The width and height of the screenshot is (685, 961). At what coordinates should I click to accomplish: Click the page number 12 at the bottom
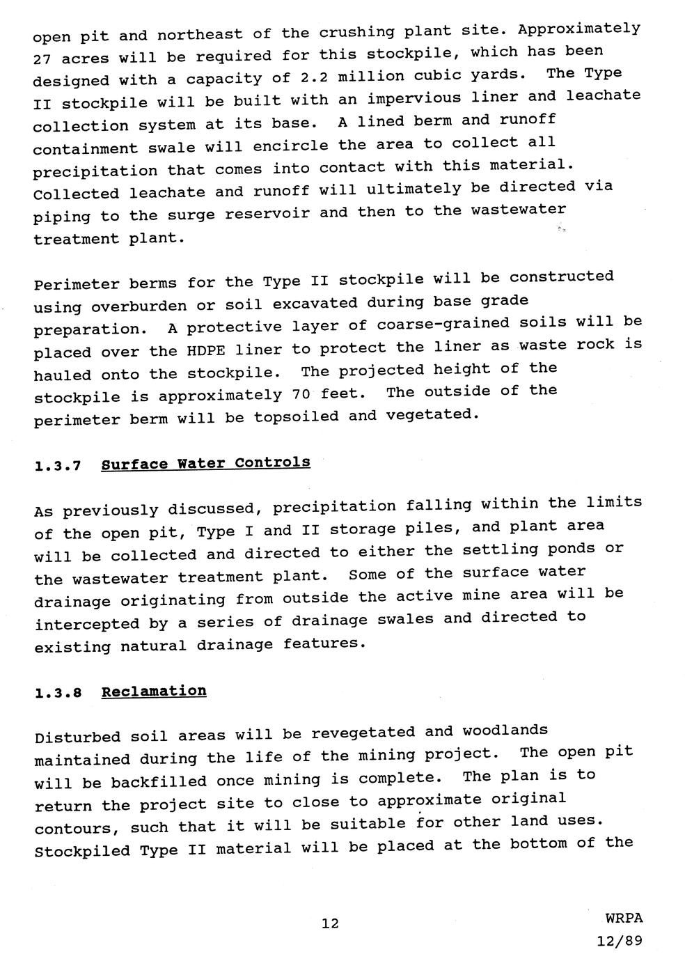tap(330, 923)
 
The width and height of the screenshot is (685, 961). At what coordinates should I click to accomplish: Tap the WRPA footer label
tap(624, 919)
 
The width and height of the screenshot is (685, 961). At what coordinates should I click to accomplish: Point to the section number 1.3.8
tap(58, 694)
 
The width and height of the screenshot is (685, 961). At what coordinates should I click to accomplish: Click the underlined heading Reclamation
tap(154, 692)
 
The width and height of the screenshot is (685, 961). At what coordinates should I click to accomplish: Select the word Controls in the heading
tap(273, 463)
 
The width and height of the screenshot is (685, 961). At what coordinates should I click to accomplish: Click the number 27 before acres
tap(42, 59)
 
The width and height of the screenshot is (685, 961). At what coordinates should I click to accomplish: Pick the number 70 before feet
tap(301, 395)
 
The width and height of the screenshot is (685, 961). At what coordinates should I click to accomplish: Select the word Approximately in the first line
tap(579, 29)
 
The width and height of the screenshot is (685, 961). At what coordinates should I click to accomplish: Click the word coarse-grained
tap(443, 325)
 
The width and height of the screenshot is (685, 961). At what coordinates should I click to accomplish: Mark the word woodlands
tap(505, 730)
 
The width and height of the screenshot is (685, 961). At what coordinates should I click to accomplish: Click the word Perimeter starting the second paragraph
tap(76, 284)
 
